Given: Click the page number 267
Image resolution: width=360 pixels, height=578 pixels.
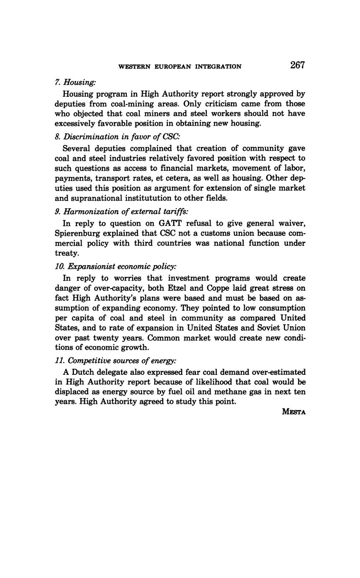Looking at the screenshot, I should pyautogui.click(x=297, y=65).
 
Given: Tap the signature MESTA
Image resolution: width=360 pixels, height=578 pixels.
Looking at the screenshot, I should pyautogui.click(x=294, y=412).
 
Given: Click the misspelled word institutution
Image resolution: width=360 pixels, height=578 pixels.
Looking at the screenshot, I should pyautogui.click(x=144, y=198).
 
